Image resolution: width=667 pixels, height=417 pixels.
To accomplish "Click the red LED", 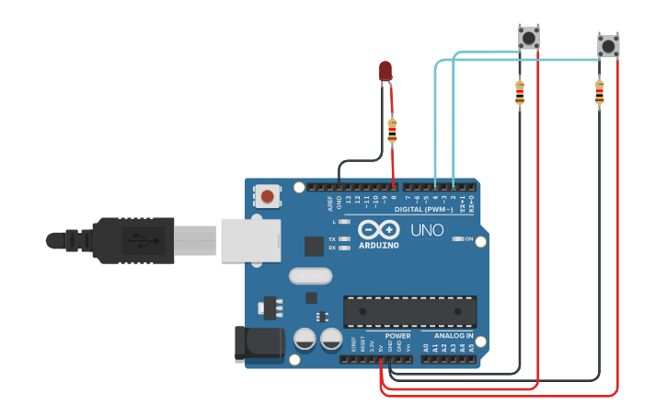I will pos(385,70).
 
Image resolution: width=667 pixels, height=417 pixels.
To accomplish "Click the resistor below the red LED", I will pos(393,132).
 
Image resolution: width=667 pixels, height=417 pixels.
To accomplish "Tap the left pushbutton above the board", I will pos(528,38).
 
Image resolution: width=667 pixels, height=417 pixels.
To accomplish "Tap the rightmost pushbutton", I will pos(608,45).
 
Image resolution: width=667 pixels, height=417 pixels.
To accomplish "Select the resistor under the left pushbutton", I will pos(519,93).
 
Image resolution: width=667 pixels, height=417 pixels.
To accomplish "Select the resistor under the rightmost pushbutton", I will pos(599,92).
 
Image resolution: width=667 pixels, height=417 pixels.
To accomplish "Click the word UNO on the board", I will pos(426,230).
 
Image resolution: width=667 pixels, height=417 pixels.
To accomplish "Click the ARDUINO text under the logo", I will pos(379,246).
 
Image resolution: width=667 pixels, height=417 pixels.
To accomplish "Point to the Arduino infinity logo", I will pos(379,230).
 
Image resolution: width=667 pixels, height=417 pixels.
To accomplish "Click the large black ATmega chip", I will pos(409,311).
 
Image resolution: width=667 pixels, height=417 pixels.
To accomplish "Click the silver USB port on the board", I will pos(250,240).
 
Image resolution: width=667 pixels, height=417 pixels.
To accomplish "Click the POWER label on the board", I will pos(398,336).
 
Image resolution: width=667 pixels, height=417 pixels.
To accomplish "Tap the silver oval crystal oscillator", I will pos(310,275).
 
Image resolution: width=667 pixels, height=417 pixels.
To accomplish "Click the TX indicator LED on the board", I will pos(343,239).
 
